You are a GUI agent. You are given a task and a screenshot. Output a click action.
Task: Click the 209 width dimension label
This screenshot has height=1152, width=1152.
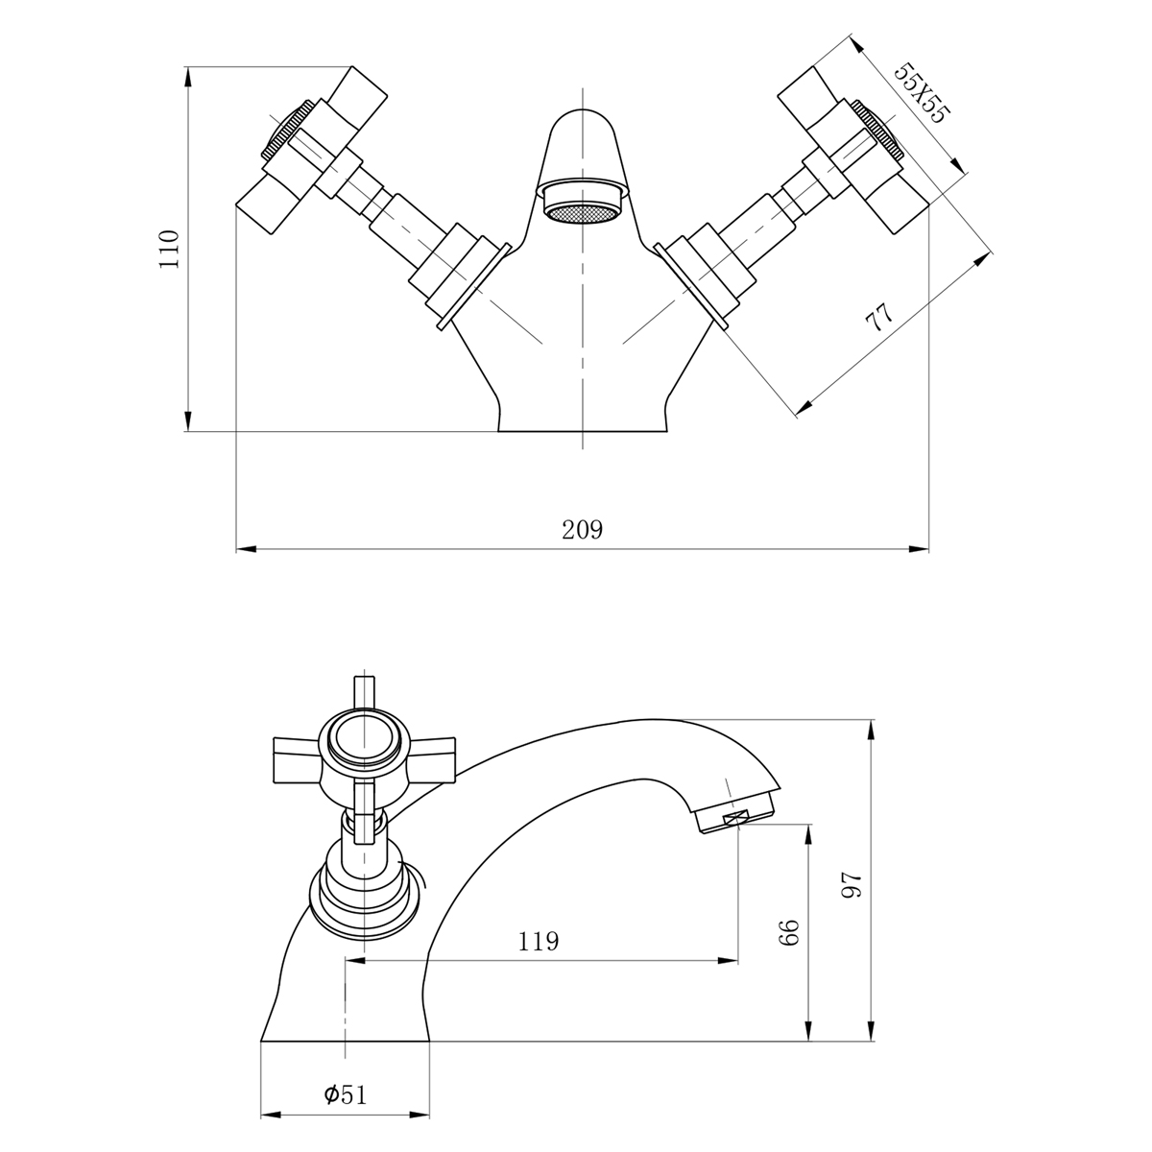pyautogui.click(x=582, y=530)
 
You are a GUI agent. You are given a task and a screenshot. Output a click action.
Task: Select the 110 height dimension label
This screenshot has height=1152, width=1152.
pyautogui.click(x=170, y=248)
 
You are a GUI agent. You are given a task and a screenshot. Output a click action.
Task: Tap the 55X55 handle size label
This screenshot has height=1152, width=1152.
pyautogui.click(x=921, y=94)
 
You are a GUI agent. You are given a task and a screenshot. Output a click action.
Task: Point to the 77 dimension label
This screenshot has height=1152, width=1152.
pyautogui.click(x=879, y=317)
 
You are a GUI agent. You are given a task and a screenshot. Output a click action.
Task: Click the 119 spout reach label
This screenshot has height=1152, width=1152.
pyautogui.click(x=539, y=941)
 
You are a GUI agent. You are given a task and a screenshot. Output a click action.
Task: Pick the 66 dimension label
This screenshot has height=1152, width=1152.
pyautogui.click(x=789, y=931)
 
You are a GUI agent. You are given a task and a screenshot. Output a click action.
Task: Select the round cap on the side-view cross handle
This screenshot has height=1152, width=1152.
pyautogui.click(x=364, y=740)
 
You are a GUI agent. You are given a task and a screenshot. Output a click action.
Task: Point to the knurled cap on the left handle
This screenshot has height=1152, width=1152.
pyautogui.click(x=285, y=130)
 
